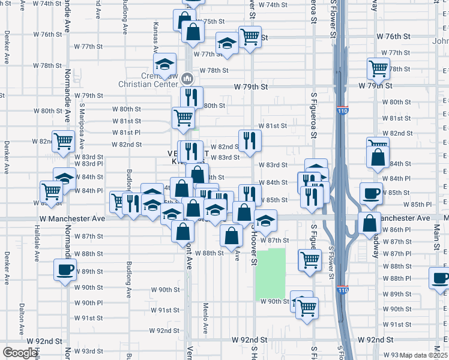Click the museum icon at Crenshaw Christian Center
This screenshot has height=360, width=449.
(x=187, y=78)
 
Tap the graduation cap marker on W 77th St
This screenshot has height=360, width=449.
(x=227, y=43)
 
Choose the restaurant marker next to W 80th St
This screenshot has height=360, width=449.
(x=192, y=96)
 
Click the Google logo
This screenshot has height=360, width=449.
(x=20, y=353)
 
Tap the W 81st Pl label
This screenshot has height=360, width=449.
(x=126, y=132)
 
